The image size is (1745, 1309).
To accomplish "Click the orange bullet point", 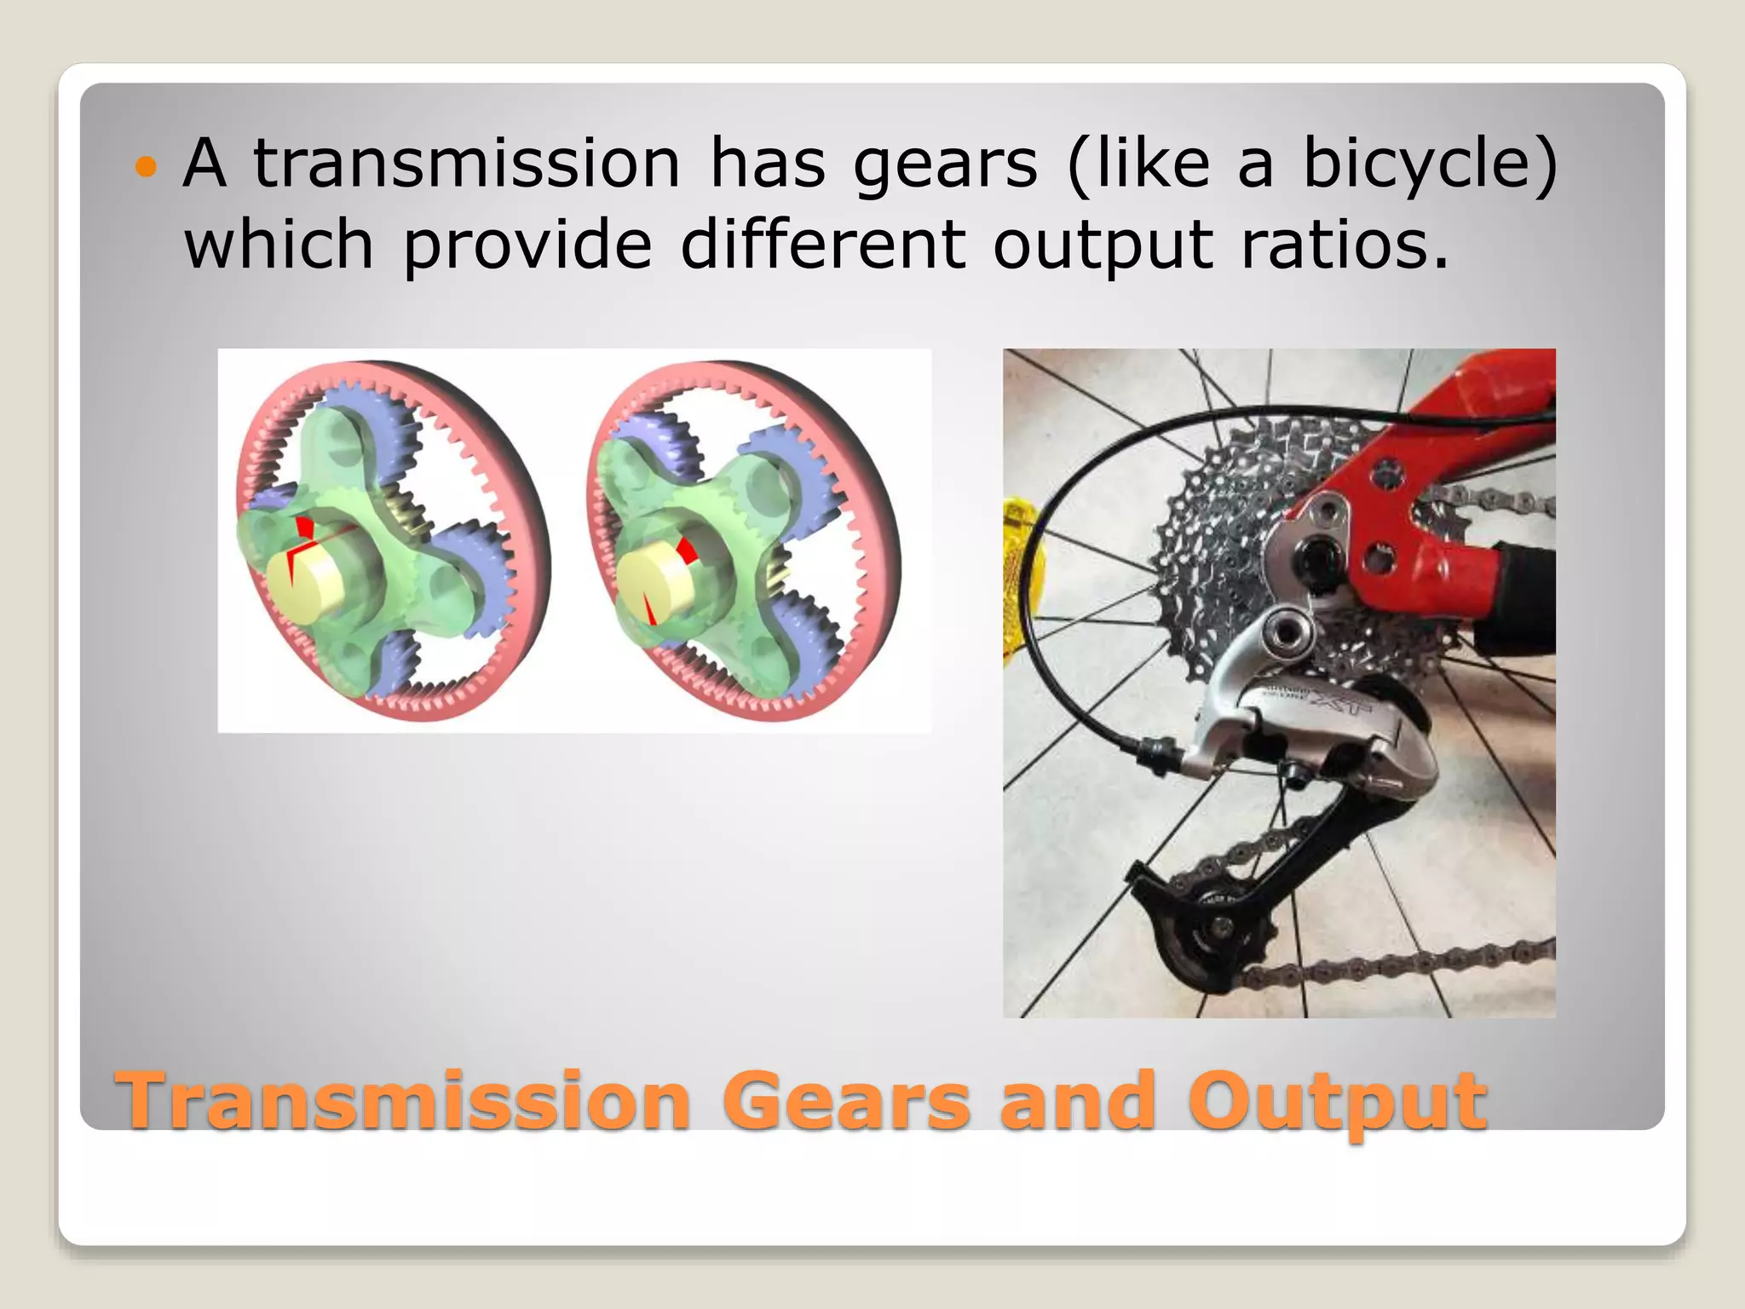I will click(147, 167).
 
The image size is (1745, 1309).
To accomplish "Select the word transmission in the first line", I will click(466, 164).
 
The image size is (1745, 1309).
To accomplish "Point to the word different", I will click(822, 245).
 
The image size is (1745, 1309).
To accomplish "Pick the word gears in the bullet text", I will click(945, 165).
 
